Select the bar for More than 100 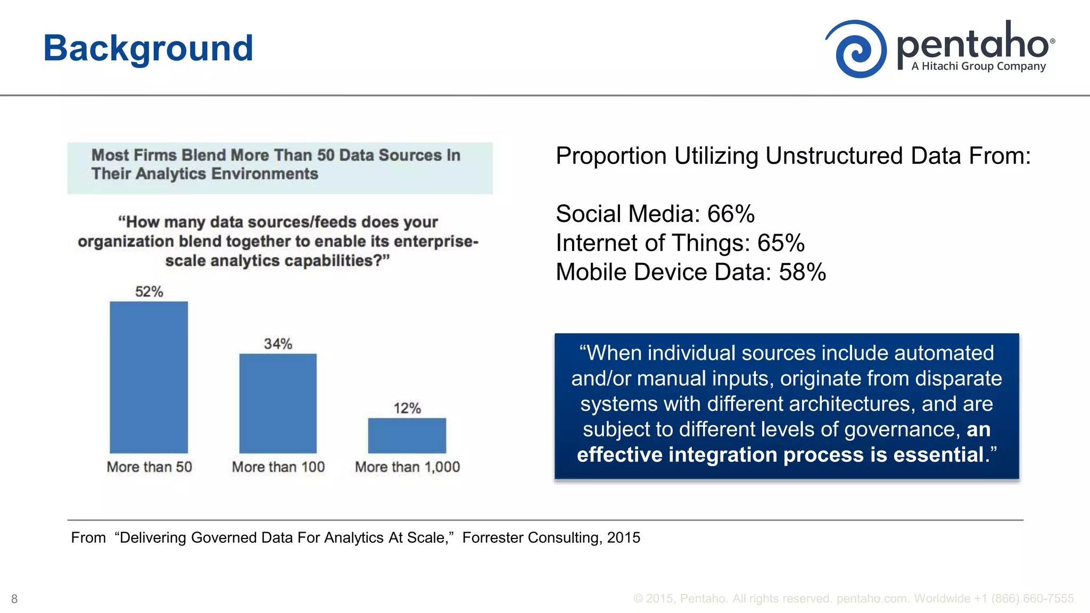[278, 403]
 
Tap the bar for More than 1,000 [407, 435]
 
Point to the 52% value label [149, 292]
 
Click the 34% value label [278, 344]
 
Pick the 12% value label [407, 408]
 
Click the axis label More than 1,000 [407, 467]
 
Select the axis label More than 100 [278, 467]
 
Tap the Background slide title [148, 48]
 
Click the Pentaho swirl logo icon [856, 49]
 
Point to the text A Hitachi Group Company [978, 67]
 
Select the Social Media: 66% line [655, 214]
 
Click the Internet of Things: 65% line [680, 243]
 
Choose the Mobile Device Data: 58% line [690, 272]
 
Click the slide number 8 [14, 599]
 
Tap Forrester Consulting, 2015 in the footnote [551, 537]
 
